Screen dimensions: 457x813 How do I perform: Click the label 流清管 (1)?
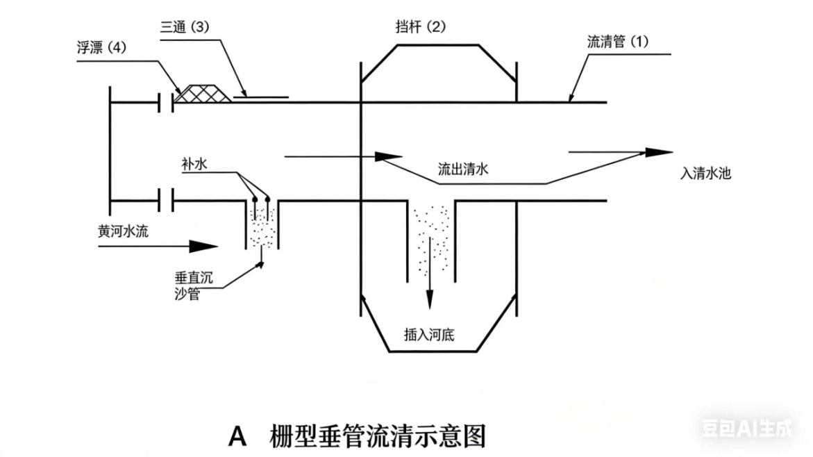[x=618, y=41]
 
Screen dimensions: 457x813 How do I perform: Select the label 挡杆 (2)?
[x=420, y=27]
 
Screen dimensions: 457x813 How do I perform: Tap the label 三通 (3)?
[x=185, y=27]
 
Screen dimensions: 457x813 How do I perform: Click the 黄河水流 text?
[x=123, y=231]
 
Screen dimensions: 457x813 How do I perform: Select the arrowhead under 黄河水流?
[x=204, y=246]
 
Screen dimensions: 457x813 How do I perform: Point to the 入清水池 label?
[x=705, y=173]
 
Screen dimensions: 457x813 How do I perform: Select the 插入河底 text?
[x=429, y=333]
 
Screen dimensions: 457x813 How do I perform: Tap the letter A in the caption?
[x=238, y=436]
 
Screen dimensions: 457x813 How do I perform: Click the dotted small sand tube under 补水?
[x=262, y=226]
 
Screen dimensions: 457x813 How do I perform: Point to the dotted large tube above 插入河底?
[x=430, y=240]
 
